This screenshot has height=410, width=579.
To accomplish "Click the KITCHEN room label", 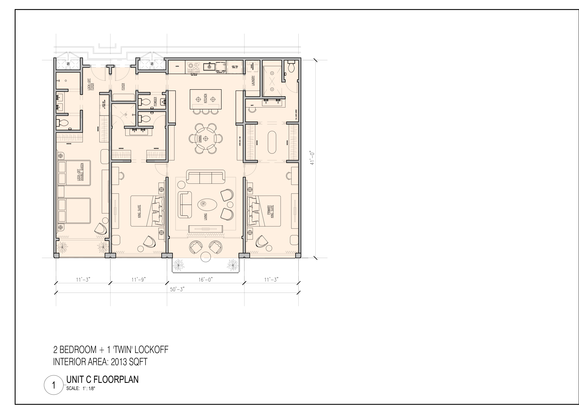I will coord(205,98).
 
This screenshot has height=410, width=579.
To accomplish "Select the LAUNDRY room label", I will coord(253,81).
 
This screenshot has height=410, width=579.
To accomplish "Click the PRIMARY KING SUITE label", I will coord(270,211).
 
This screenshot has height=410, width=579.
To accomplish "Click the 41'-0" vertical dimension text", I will coord(312,158).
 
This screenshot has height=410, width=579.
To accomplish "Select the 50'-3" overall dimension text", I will coord(177,289).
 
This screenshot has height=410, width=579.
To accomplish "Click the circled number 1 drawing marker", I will coord(54,386).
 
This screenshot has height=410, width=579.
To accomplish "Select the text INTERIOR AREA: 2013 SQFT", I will coord(100,362).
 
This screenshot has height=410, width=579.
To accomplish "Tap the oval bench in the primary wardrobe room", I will coord(272,142).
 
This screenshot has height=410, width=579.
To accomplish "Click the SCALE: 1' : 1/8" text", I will coord(81,389).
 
